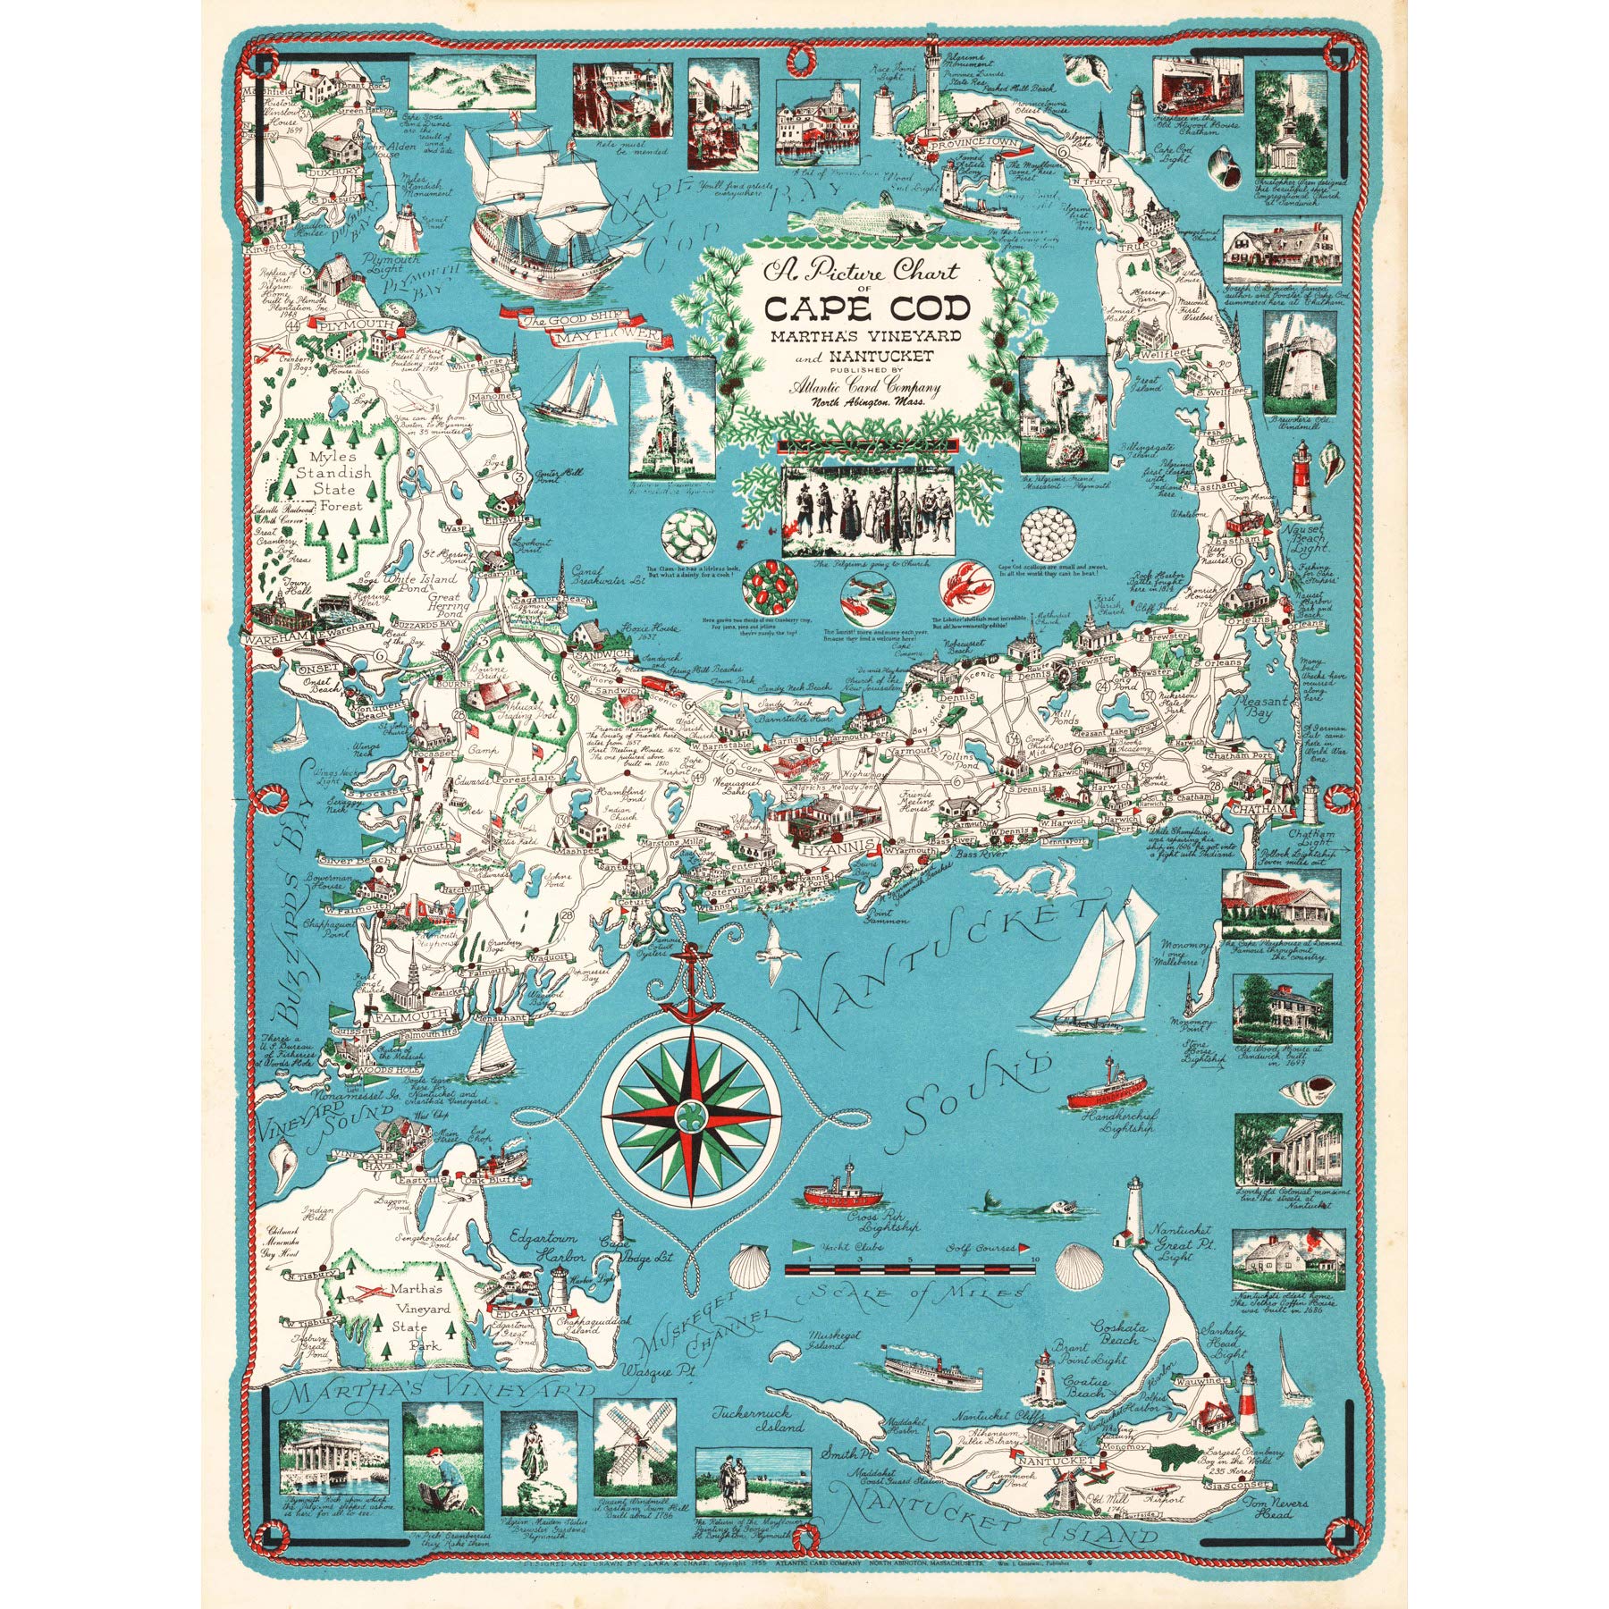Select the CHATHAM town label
click(x=1260, y=809)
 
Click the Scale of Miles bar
click(x=909, y=1269)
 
